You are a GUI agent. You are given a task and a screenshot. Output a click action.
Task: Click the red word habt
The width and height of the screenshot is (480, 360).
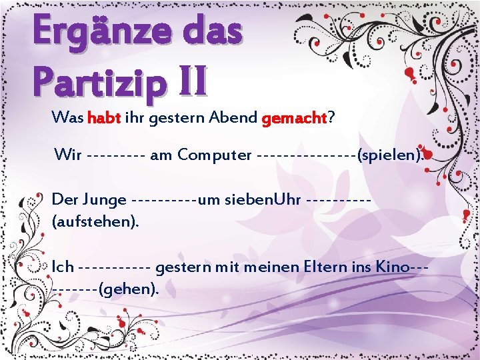[x=103, y=119]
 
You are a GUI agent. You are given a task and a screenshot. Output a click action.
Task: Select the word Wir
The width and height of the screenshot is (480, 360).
[x=69, y=155]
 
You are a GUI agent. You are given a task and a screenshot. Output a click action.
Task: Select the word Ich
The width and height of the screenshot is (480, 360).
[x=63, y=267]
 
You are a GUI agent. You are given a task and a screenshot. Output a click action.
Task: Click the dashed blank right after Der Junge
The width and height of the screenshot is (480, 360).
[x=165, y=200]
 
